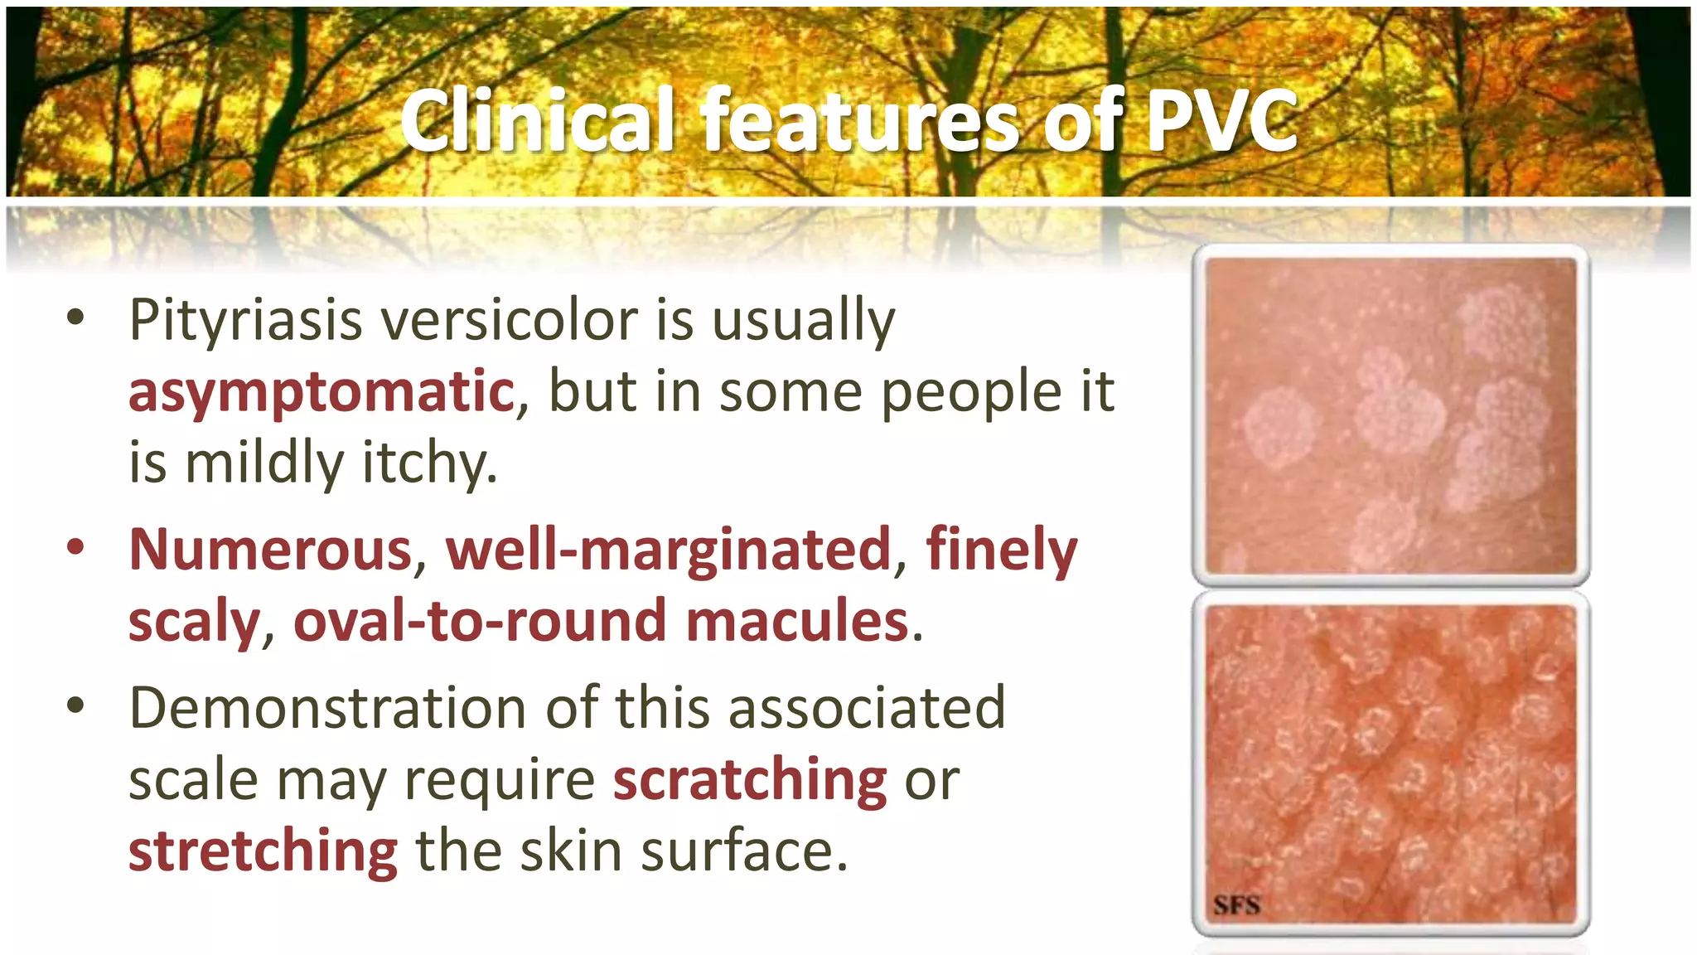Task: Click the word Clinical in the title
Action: click(536, 121)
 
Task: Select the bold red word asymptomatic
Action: click(322, 392)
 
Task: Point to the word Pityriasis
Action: click(246, 321)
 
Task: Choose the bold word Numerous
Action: click(271, 550)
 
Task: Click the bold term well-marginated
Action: click(668, 550)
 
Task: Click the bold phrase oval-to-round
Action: click(480, 621)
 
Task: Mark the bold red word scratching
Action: click(750, 780)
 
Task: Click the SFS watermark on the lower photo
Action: click(1236, 904)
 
